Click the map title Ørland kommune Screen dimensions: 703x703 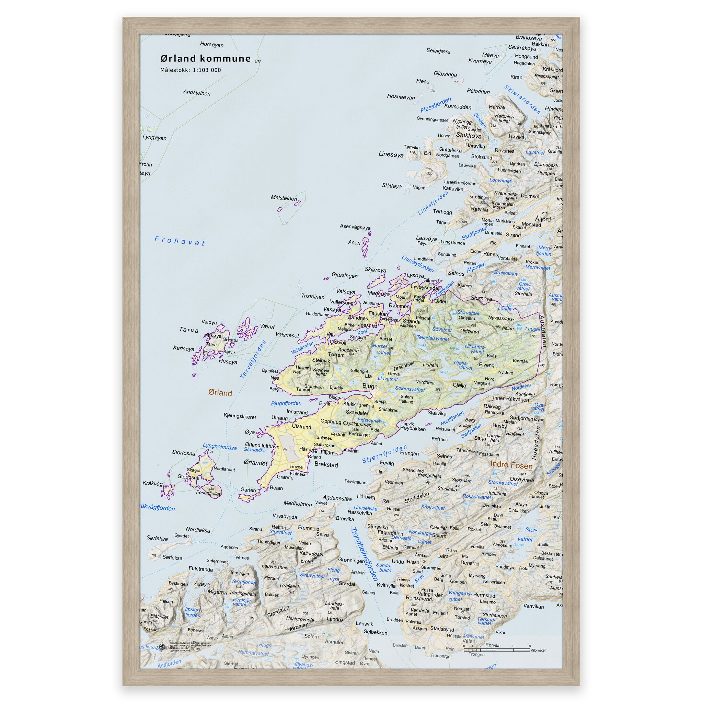point(206,59)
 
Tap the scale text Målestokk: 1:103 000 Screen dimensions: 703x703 point(190,70)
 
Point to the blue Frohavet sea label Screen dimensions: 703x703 point(180,241)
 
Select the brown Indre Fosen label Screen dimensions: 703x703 point(511,465)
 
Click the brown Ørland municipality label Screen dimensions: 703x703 point(220,393)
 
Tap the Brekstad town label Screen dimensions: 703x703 point(326,465)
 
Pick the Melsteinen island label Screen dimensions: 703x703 point(284,198)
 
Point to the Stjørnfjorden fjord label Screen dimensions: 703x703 point(384,455)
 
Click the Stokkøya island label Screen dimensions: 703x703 point(469,136)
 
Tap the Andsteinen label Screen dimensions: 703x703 point(196,93)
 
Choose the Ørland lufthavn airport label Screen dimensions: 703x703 point(262,445)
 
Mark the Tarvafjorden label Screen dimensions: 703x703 point(253,359)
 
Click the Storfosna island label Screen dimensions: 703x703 point(183,453)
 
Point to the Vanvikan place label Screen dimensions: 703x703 point(533,607)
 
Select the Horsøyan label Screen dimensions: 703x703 point(212,44)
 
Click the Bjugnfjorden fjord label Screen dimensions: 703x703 point(286,403)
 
